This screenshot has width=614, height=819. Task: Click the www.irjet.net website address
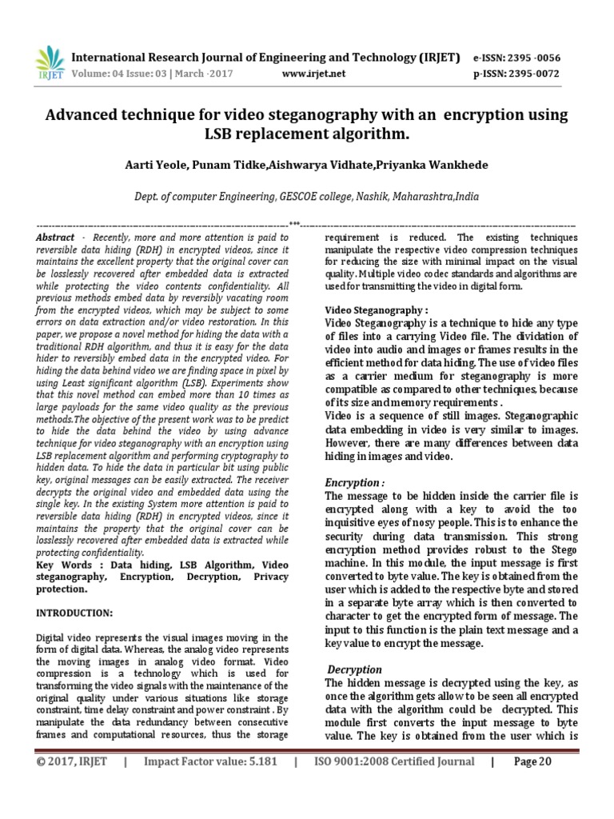314,74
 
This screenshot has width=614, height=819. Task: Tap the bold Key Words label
66,565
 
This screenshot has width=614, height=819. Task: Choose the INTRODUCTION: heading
75,612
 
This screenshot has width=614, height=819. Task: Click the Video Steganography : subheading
376,310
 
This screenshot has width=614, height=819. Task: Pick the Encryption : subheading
354,482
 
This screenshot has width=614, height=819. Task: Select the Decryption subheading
355,669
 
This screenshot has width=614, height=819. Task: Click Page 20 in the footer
532,785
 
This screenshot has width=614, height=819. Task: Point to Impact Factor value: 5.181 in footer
210,785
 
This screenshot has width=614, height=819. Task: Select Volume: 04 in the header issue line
101,74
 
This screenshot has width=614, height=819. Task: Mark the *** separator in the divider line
294,224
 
